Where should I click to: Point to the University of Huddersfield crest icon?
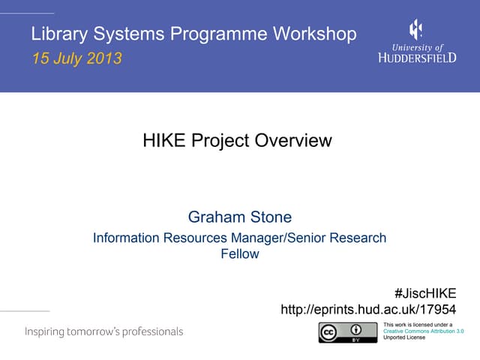coord(415,29)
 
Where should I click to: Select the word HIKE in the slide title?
coord(161,140)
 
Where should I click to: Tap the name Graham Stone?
coord(239,217)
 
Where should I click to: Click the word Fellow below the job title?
coord(239,254)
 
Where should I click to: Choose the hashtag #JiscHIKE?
coord(424,293)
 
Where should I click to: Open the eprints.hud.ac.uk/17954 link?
coord(367,310)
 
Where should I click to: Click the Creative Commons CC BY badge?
coord(347,332)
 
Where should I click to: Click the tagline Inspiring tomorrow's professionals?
coord(103,331)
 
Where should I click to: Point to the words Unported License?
coord(403,337)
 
